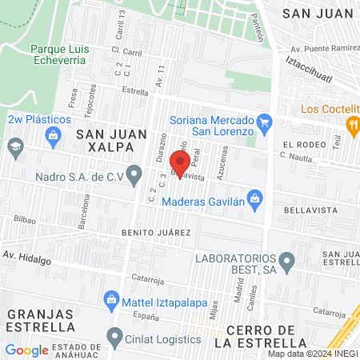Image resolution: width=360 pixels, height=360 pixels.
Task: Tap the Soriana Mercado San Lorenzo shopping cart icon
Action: pyautogui.click(x=267, y=122)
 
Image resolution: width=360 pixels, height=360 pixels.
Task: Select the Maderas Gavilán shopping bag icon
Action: pyautogui.click(x=254, y=197)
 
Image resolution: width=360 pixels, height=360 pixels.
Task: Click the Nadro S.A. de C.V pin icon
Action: pyautogui.click(x=135, y=173)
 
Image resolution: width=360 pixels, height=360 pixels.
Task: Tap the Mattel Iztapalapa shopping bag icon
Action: pyautogui.click(x=112, y=302)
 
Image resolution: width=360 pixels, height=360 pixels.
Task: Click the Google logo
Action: pyautogui.click(x=26, y=350)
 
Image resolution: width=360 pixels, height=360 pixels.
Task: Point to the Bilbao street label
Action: pyautogui.click(x=26, y=218)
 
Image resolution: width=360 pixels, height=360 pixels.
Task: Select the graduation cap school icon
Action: pyautogui.click(x=14, y=146)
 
